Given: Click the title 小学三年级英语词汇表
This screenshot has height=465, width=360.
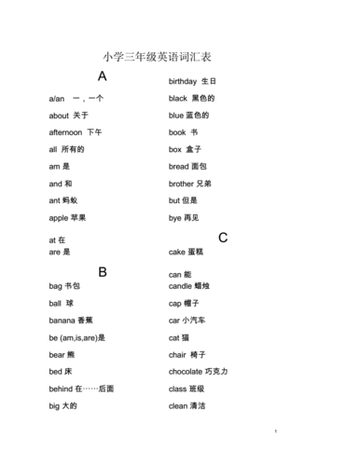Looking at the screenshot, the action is click(x=164, y=58).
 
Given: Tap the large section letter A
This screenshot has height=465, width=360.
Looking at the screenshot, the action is click(x=103, y=76).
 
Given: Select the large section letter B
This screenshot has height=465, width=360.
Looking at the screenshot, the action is click(x=103, y=272).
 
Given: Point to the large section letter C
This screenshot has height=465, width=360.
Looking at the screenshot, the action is click(x=223, y=238).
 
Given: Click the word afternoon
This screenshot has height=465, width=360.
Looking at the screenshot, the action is click(x=65, y=132).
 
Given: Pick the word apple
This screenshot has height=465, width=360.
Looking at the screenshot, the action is click(x=59, y=218).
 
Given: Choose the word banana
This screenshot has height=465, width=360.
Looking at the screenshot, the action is click(x=62, y=321).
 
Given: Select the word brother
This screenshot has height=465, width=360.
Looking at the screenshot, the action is click(x=184, y=184).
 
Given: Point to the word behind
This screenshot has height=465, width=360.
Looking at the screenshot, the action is click(x=61, y=389).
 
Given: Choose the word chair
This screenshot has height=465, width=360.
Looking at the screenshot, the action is click(x=178, y=355).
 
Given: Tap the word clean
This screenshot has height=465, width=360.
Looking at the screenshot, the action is click(x=178, y=405).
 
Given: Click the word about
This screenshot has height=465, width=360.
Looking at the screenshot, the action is click(x=59, y=116).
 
